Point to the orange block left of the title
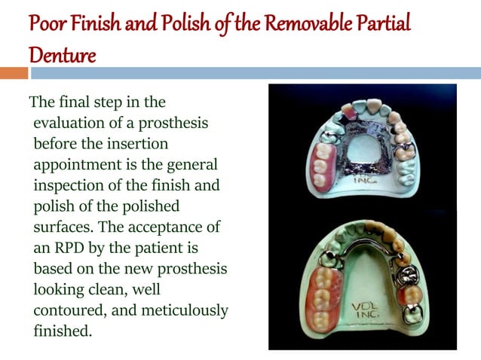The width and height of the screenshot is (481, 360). (x=14, y=73)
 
